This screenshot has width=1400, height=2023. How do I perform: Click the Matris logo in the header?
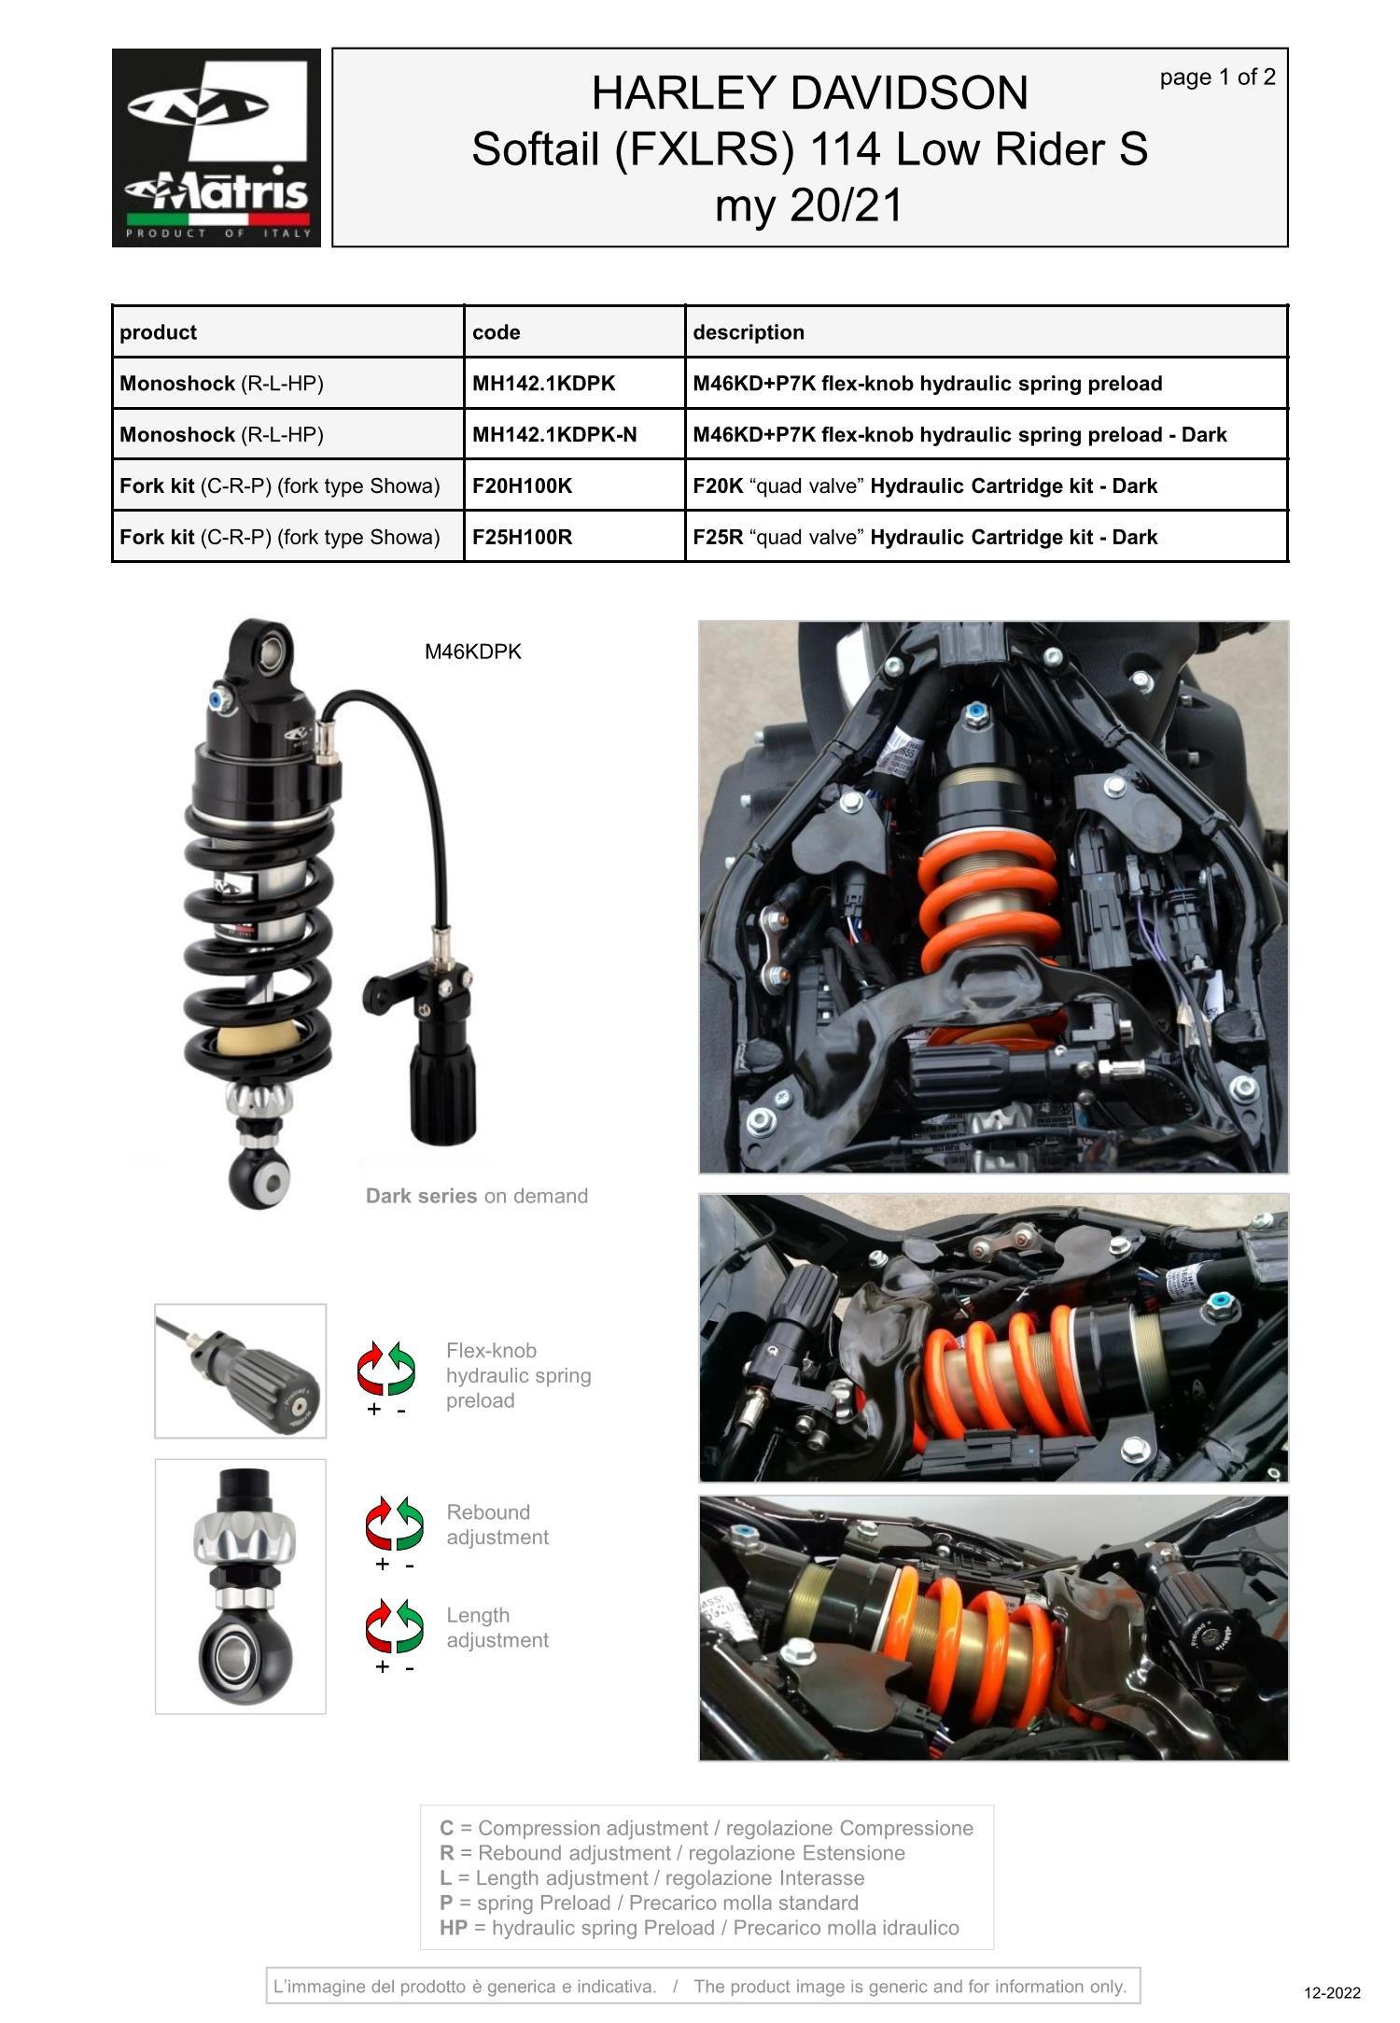pos(216,148)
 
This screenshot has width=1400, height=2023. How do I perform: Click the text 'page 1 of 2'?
pos(1216,77)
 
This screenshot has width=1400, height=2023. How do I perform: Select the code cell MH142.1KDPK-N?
pos(554,434)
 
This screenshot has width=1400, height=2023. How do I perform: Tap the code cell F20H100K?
pos(522,485)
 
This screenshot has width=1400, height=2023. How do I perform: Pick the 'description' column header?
pos(748,332)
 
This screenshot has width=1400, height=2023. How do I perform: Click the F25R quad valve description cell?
pos(924,537)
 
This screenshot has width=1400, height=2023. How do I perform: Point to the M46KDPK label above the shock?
pos(472,652)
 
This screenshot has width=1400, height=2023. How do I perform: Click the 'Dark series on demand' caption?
pos(476,1196)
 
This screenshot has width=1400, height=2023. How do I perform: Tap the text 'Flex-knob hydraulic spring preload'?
pos(517,1375)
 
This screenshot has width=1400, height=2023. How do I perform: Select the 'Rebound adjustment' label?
pos(497,1524)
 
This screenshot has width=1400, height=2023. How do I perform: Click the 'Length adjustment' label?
pos(497,1627)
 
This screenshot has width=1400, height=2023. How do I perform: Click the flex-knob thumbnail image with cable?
pos(240,1370)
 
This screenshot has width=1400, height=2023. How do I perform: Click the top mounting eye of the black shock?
pos(270,648)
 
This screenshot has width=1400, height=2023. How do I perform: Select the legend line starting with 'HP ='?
pos(698,1928)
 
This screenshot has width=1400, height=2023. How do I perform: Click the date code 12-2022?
pos(1331,1993)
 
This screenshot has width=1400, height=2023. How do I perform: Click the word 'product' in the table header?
pos(158,332)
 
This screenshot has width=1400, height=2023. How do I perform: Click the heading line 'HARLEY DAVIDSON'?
pos(809,93)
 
